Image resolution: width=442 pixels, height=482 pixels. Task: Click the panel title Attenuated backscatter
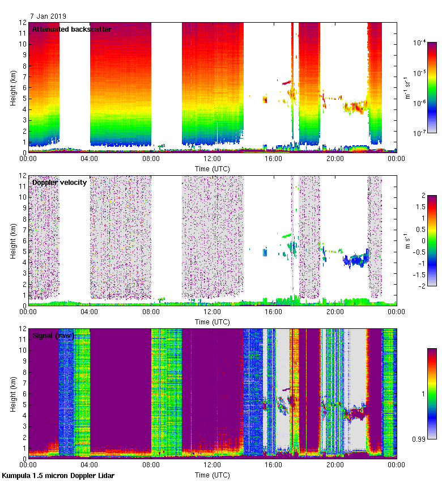71,29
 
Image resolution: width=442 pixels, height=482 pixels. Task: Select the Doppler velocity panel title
59,182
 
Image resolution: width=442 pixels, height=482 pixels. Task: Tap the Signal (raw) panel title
53,335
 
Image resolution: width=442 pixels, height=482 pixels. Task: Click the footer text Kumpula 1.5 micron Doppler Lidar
58,475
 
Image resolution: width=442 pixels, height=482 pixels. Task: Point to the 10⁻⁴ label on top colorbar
420,43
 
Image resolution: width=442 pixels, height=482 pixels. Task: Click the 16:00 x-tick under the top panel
273,159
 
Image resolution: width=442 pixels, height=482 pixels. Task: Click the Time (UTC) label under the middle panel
212,322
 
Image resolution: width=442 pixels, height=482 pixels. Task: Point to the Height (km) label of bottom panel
13,394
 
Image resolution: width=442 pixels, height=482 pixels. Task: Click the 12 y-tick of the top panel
22,23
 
